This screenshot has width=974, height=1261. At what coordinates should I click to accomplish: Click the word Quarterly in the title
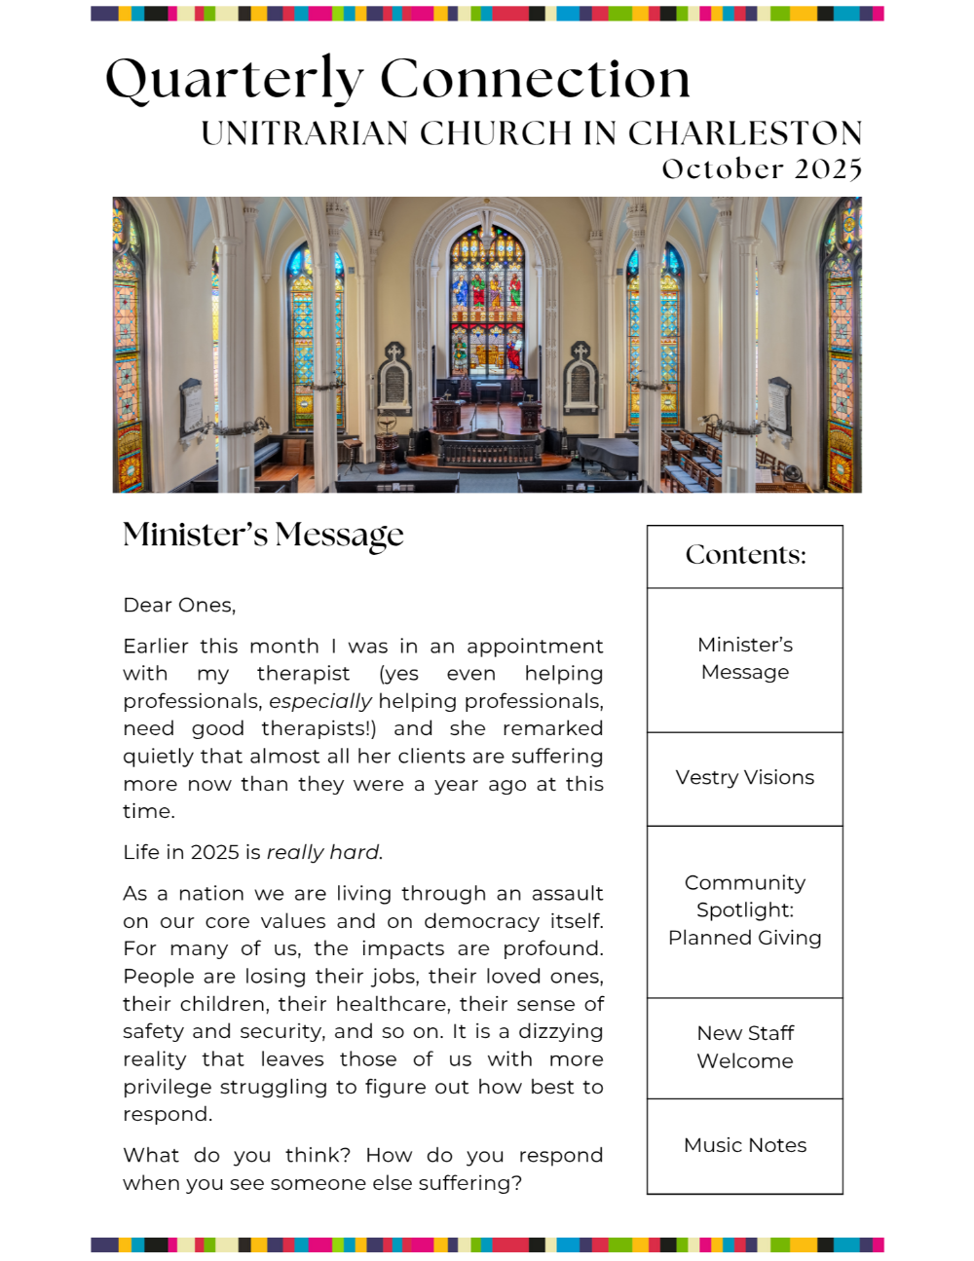(x=234, y=80)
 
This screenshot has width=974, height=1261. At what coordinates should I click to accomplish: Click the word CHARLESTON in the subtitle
(x=745, y=133)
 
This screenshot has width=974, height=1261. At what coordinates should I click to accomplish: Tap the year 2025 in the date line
(x=828, y=169)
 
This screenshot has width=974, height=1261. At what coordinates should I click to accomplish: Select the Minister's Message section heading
(x=263, y=535)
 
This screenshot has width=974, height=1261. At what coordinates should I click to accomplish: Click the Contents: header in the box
(x=745, y=555)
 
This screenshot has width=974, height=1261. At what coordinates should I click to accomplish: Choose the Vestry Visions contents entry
(x=745, y=777)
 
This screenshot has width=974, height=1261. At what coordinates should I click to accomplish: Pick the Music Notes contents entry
(x=745, y=1145)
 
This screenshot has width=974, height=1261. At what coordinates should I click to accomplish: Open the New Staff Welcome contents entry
(x=745, y=1047)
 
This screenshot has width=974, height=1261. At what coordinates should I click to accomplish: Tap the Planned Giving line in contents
(x=745, y=938)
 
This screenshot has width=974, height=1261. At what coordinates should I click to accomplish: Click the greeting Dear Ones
(x=179, y=605)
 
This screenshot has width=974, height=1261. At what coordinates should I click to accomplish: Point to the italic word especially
(x=320, y=701)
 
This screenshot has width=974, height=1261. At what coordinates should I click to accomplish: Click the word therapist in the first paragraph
(x=303, y=674)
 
